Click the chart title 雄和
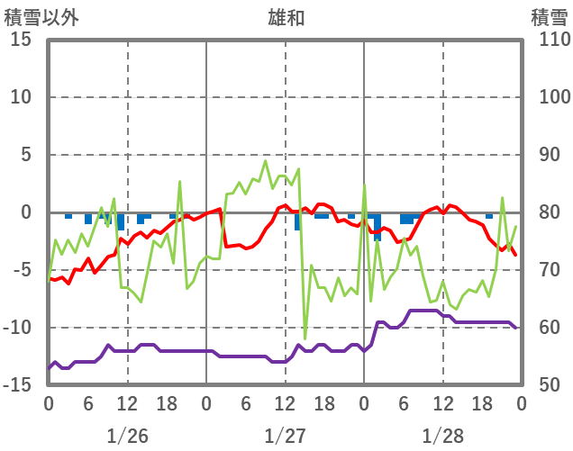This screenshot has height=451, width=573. tap(286, 16)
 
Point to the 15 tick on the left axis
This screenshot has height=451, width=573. tap(22, 40)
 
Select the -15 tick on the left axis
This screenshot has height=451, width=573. tap(17, 385)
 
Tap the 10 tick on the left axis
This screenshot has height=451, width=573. tap(22, 97)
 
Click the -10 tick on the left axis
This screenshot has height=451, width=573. tap(17, 328)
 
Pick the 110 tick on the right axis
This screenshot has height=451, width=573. tap(549, 40)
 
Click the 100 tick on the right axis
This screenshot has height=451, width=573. tap(549, 97)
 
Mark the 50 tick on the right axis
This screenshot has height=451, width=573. tap(544, 385)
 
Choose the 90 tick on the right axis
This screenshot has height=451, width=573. tap(544, 155)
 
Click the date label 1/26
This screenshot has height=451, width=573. tap(127, 436)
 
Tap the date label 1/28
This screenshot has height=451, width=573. tap(442, 436)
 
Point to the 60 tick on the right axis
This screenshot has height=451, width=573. tap(544, 328)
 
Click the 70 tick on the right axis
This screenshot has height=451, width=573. tap(544, 270)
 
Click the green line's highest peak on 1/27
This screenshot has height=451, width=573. tap(266, 162)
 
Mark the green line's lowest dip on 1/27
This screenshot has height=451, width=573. tap(305, 338)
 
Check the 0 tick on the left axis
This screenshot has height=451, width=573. tap(26, 212)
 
